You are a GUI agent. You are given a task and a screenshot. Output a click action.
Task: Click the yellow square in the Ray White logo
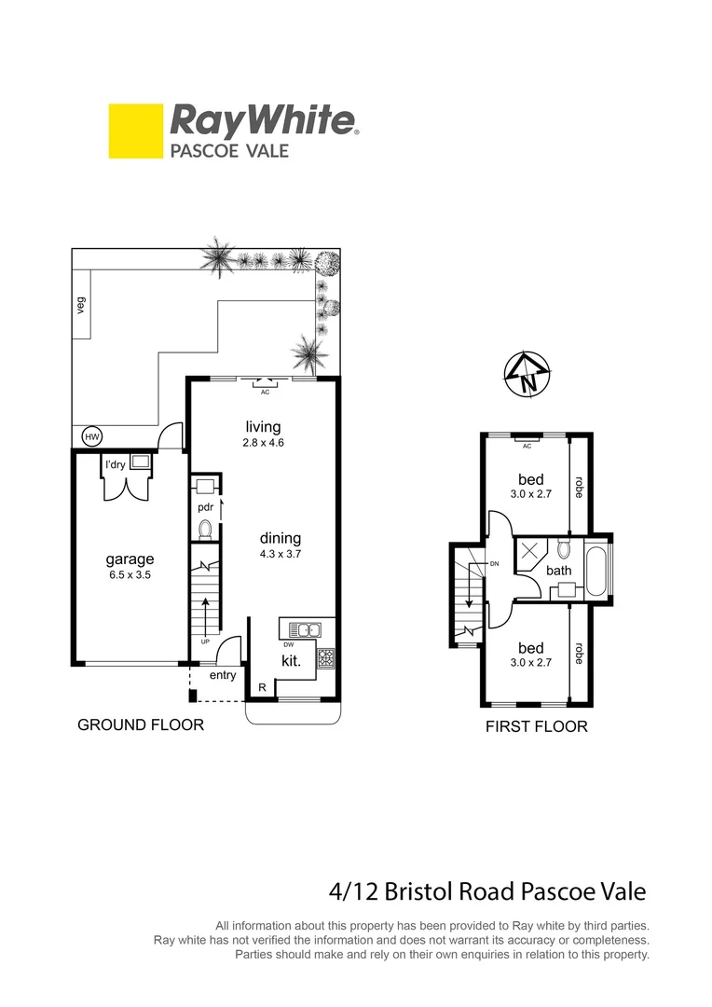(135, 131)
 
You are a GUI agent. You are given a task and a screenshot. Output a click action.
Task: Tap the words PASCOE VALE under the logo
(229, 150)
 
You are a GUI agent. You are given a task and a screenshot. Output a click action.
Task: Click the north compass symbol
(527, 377)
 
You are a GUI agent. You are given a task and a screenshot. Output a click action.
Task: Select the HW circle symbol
(92, 436)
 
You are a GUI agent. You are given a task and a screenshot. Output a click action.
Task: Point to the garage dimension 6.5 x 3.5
(130, 575)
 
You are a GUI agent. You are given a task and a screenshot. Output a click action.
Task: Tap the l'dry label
(115, 463)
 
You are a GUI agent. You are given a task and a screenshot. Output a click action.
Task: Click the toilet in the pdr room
(206, 530)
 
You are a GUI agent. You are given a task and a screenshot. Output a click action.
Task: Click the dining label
(281, 538)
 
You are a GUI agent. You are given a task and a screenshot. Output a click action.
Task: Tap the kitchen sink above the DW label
(302, 629)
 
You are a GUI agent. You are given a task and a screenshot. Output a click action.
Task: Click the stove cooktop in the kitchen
(326, 658)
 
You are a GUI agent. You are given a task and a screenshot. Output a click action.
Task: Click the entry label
(223, 675)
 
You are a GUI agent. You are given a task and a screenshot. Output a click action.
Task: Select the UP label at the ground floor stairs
(205, 641)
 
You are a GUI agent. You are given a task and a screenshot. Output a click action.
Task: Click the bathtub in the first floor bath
(597, 571)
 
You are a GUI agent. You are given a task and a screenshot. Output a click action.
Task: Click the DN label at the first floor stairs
(494, 564)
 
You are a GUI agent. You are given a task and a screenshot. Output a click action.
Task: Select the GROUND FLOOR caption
(140, 724)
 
